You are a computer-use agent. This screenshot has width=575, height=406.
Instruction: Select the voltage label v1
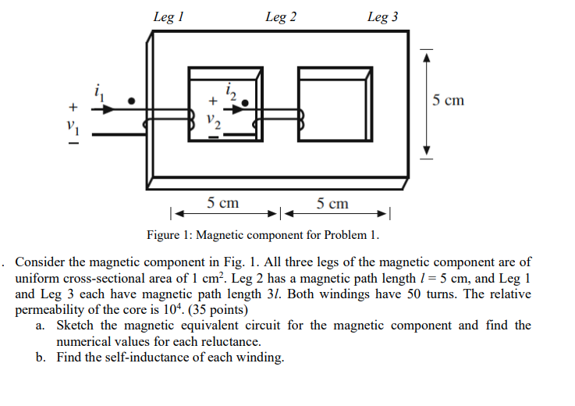pos(72,123)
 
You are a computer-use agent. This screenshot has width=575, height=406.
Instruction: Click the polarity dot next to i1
pos(132,101)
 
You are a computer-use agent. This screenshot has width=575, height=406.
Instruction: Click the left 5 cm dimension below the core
pos(223,204)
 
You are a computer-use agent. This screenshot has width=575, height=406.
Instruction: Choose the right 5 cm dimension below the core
pos(333,204)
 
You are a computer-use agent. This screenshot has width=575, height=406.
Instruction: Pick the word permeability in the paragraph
pos(51,309)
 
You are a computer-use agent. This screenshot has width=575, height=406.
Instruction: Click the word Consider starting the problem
pos(42,262)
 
